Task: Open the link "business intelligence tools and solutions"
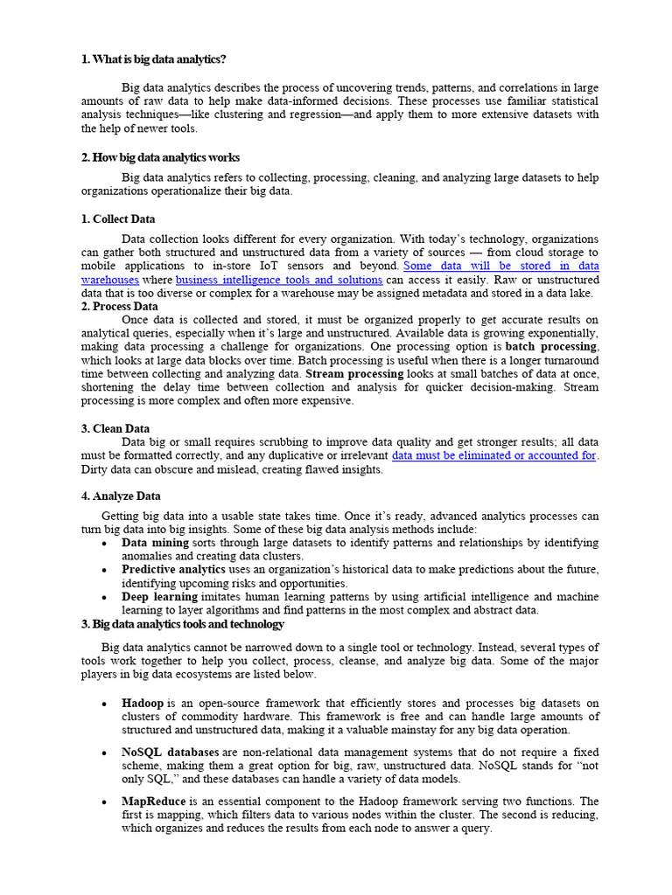click(279, 280)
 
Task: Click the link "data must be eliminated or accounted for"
click(494, 455)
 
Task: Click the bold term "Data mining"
click(155, 543)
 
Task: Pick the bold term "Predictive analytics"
click(173, 569)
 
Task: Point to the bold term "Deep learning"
click(159, 597)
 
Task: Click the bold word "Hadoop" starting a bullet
click(143, 703)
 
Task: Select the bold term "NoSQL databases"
click(171, 752)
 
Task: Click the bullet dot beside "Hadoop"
click(104, 704)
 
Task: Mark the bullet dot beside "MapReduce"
click(104, 801)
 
